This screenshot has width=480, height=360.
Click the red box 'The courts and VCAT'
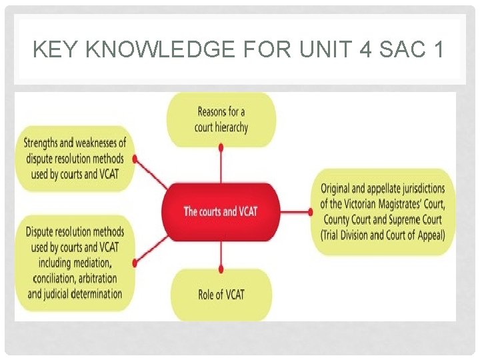[220, 211]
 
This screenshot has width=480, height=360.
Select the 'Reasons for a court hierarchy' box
[221, 119]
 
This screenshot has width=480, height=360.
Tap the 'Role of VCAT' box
[221, 293]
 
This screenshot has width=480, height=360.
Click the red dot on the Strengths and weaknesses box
[135, 159]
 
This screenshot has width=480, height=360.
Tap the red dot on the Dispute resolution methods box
[135, 263]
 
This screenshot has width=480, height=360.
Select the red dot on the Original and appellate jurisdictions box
[311, 211]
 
